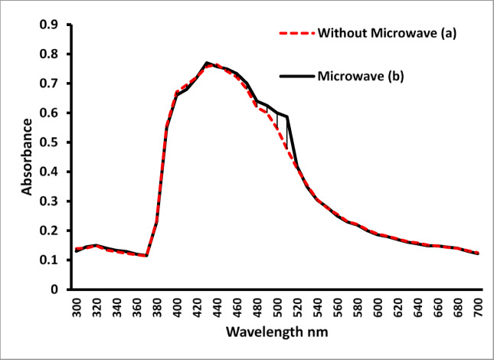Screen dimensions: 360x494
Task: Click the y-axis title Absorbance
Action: tap(27, 156)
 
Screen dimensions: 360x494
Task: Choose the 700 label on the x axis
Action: tap(479, 309)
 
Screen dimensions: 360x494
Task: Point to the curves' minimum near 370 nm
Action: tap(146, 256)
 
